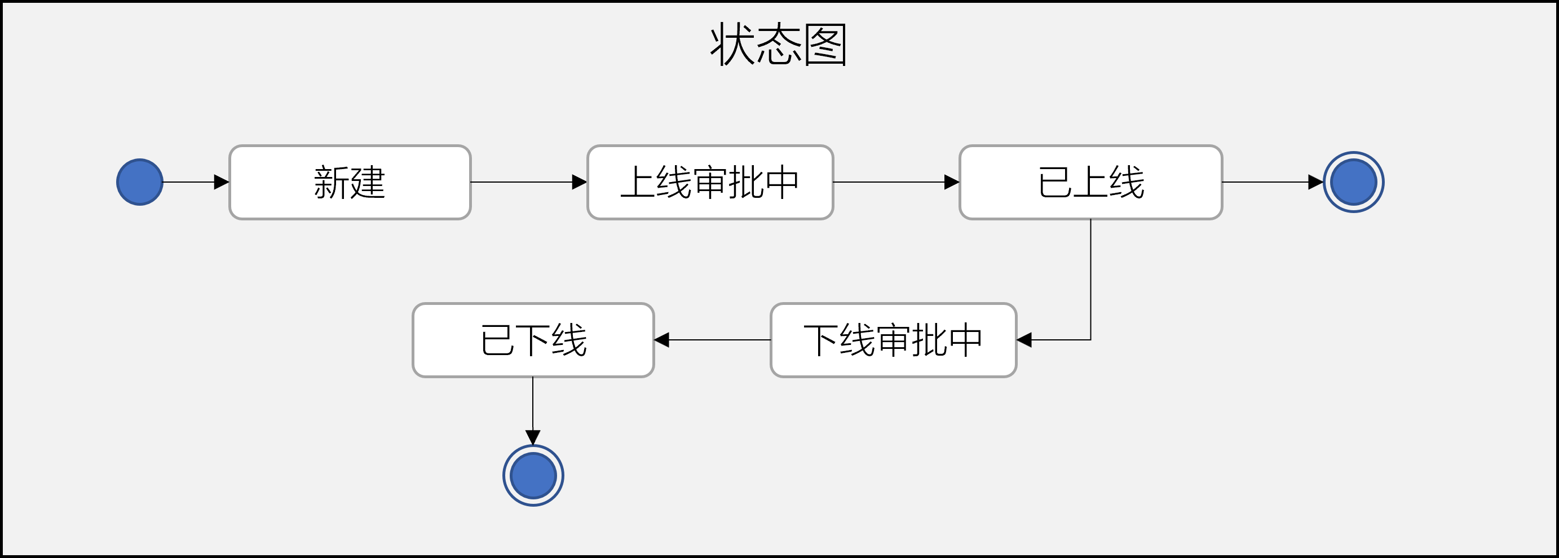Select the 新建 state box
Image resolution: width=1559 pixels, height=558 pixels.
(350, 182)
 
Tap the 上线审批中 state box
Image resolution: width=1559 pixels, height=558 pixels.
(710, 182)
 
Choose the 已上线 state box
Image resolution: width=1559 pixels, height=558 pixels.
(1090, 182)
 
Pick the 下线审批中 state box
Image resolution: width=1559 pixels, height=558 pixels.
(893, 340)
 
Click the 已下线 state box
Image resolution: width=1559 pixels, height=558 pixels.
(533, 340)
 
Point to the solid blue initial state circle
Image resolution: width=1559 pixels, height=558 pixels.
(140, 182)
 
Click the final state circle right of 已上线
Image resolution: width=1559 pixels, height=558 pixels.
(1353, 182)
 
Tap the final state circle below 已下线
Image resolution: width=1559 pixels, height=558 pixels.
(533, 476)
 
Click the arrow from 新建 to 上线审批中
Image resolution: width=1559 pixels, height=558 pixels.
(527, 182)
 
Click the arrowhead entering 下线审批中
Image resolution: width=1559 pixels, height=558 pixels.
(1024, 340)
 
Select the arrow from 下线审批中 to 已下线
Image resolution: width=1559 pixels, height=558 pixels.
(714, 340)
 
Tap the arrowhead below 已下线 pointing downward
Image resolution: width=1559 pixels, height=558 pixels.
(533, 436)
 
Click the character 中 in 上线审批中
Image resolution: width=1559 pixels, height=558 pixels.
(781, 182)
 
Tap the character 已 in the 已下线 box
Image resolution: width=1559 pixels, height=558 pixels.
(497, 340)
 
